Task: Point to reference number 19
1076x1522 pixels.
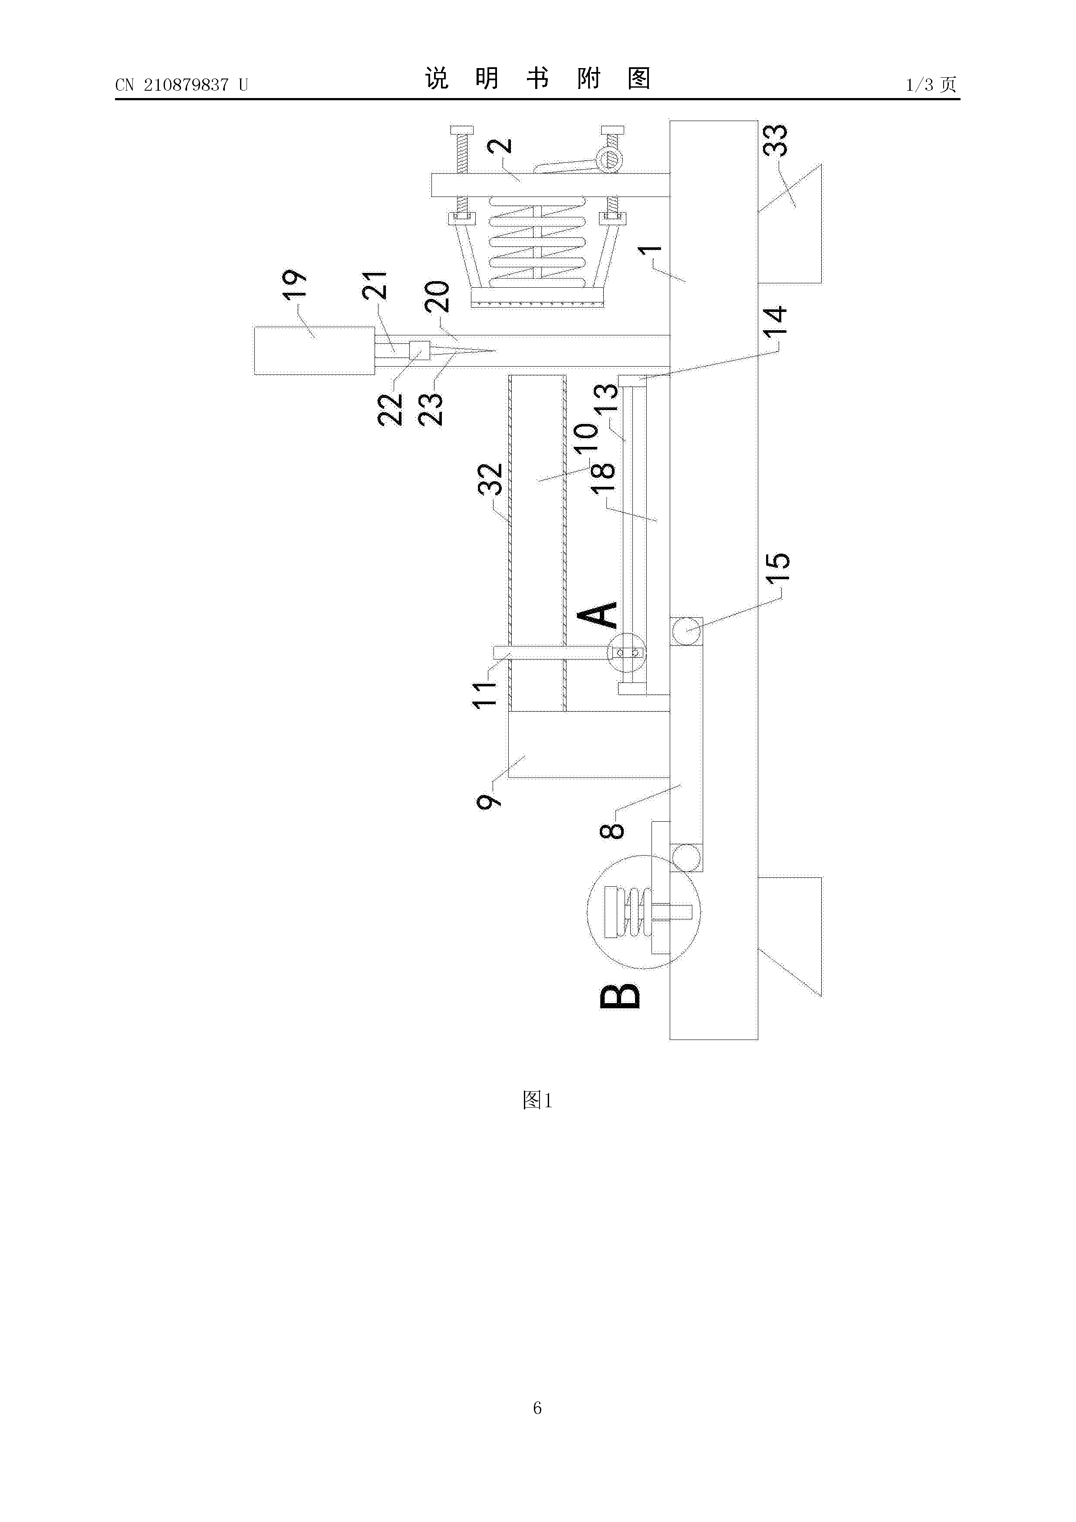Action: pyautogui.click(x=294, y=286)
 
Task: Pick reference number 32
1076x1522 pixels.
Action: pyautogui.click(x=490, y=479)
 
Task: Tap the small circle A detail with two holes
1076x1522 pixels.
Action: pyautogui.click(x=626, y=653)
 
